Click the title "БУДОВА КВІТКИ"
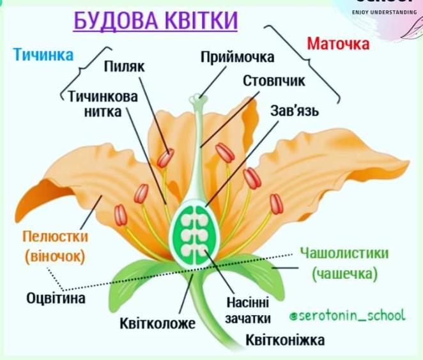155,20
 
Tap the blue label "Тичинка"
43,55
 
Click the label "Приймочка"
237,58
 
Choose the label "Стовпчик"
274,81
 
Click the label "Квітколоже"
157,324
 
